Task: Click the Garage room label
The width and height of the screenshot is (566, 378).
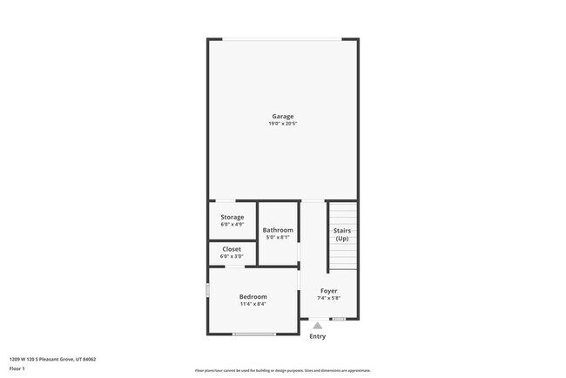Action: coord(282,116)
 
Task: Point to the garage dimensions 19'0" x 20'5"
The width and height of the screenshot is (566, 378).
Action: coord(282,124)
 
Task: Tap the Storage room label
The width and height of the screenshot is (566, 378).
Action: coord(232,217)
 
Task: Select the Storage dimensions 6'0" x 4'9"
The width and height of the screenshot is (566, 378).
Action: coord(232,225)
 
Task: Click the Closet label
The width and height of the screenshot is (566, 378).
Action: coord(232,249)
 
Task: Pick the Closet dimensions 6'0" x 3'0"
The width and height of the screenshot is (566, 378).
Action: coord(232,256)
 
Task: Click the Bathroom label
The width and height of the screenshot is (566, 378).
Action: coord(278,230)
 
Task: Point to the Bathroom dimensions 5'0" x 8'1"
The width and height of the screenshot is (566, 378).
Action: coord(278,238)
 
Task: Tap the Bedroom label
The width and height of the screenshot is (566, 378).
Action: coord(253,296)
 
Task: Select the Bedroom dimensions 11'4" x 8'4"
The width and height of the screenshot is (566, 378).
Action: coord(253,304)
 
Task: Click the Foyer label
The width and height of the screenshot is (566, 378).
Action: coord(328,291)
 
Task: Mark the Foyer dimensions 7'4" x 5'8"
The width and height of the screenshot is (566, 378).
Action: coord(328,299)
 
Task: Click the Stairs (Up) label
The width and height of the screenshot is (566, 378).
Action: coord(341,234)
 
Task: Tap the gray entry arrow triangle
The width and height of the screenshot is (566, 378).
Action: coord(317,326)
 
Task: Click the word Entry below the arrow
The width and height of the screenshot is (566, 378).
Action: coord(317,336)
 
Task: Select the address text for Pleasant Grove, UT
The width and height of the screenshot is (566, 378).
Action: coord(52,358)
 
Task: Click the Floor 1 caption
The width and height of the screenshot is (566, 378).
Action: coord(17,368)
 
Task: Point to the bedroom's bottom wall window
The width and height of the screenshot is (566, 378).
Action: coord(254,334)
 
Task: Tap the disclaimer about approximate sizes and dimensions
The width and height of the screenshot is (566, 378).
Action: coord(283,370)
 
